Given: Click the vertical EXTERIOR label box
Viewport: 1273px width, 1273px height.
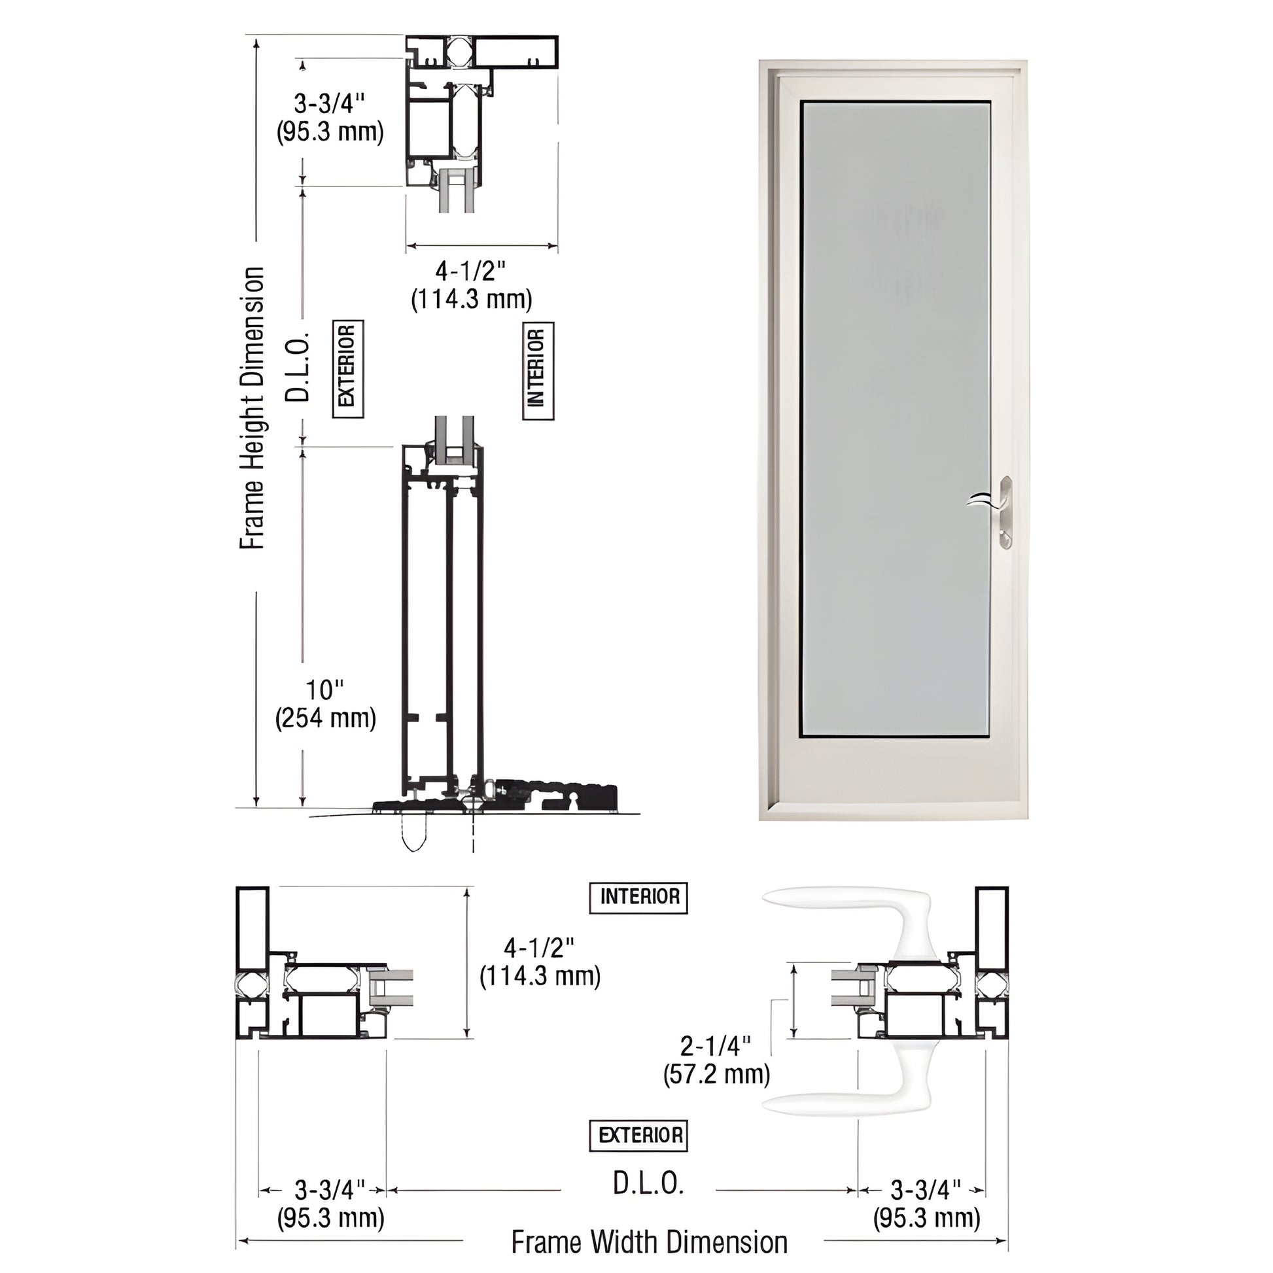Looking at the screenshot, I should point(347,369).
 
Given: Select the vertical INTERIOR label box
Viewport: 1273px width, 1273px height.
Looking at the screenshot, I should point(538,371).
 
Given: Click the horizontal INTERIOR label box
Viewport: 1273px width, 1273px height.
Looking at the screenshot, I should point(638,897).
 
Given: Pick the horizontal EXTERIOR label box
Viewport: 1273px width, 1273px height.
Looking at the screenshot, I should point(638,1134).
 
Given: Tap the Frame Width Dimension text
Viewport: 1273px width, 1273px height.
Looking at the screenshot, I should point(649,1242).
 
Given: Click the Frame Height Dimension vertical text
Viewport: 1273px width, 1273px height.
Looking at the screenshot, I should point(252,408).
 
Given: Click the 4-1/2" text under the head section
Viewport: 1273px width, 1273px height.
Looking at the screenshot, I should point(471,284).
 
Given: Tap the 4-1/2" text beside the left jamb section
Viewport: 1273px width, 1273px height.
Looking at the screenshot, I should point(540,962).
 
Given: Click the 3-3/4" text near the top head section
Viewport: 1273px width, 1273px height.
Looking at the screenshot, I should point(330,117).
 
